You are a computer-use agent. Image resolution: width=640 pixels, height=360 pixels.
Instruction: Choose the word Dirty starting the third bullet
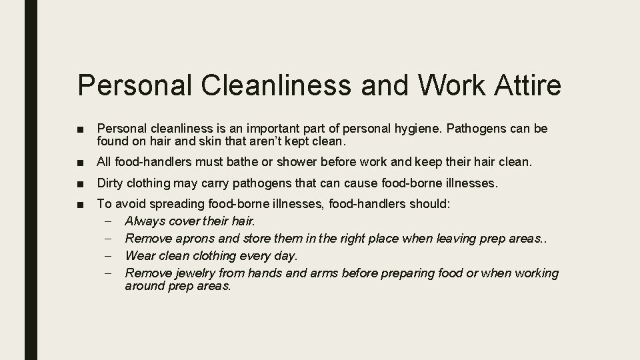point(111,183)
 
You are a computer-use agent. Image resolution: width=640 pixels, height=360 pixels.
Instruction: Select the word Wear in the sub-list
point(139,255)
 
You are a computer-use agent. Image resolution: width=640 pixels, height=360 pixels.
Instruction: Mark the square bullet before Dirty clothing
point(81,183)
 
